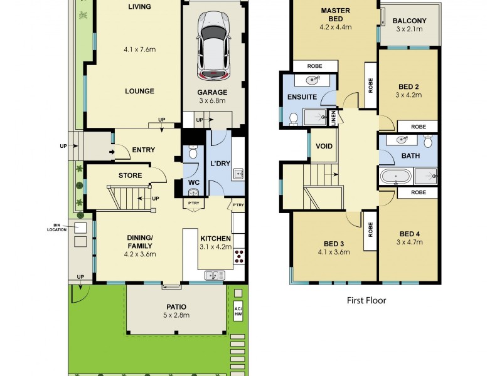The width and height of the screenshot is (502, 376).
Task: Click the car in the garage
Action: coord(212,46)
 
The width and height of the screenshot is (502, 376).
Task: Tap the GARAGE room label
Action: coord(212,92)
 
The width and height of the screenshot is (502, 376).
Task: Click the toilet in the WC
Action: coord(193,152)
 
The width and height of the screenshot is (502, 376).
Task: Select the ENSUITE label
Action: coord(302,98)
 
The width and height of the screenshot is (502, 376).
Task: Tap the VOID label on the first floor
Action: coord(324,147)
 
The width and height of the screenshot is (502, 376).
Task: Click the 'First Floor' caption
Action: coord(366,300)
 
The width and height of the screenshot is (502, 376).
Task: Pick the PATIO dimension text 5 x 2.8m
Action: coord(176,316)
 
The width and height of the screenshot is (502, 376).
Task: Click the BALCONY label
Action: coord(409,21)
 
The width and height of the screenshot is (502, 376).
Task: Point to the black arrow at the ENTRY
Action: coord(112,151)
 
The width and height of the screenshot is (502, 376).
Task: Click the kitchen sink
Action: coord(212,274)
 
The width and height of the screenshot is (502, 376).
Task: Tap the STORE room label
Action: coord(130,175)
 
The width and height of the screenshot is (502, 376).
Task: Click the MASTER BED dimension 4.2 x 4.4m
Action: coord(335,27)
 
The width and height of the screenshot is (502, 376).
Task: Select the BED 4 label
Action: coord(409,234)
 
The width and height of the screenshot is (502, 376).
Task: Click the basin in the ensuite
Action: coord(312,80)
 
